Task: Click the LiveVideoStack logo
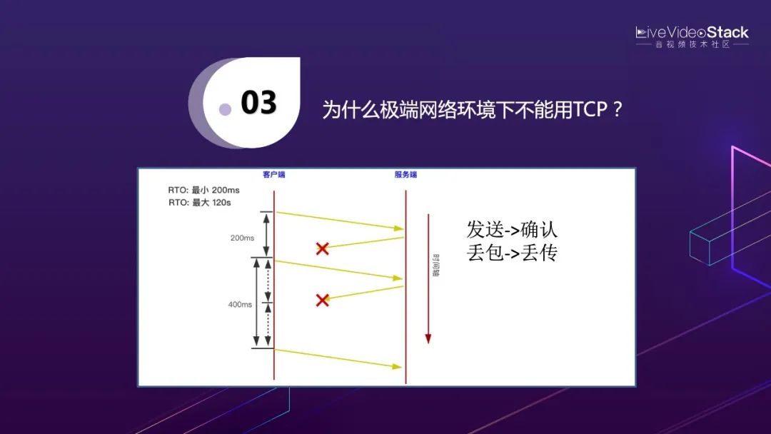click(692, 32)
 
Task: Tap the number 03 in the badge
click(258, 103)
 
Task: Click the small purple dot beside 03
click(225, 109)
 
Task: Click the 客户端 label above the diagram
click(273, 175)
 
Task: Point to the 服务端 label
click(405, 175)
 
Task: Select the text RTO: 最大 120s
click(200, 203)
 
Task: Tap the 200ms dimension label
click(243, 238)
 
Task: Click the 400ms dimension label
click(240, 304)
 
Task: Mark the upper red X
click(322, 248)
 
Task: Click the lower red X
click(322, 300)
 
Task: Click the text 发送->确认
click(512, 229)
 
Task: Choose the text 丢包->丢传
click(512, 253)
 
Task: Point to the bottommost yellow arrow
click(338, 358)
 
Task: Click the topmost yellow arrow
click(339, 221)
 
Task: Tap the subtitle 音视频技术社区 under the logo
click(692, 44)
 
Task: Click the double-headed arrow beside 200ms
click(267, 234)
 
